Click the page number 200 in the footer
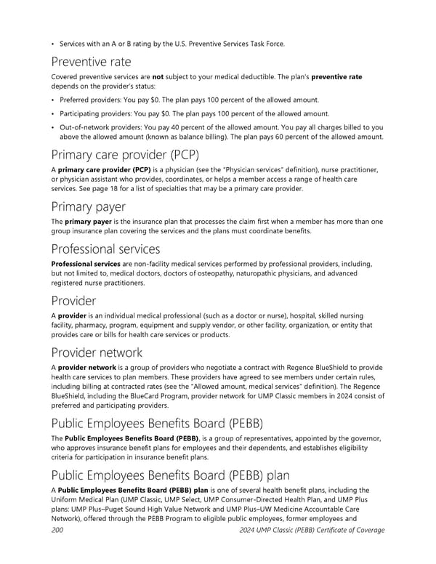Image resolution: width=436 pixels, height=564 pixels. coord(57,530)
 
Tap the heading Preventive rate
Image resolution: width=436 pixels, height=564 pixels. coord(91,63)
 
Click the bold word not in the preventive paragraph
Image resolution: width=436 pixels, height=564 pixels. coord(156,77)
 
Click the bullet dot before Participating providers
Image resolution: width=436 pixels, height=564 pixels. coord(54,113)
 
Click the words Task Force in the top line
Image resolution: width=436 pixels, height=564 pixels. coord(259,44)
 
